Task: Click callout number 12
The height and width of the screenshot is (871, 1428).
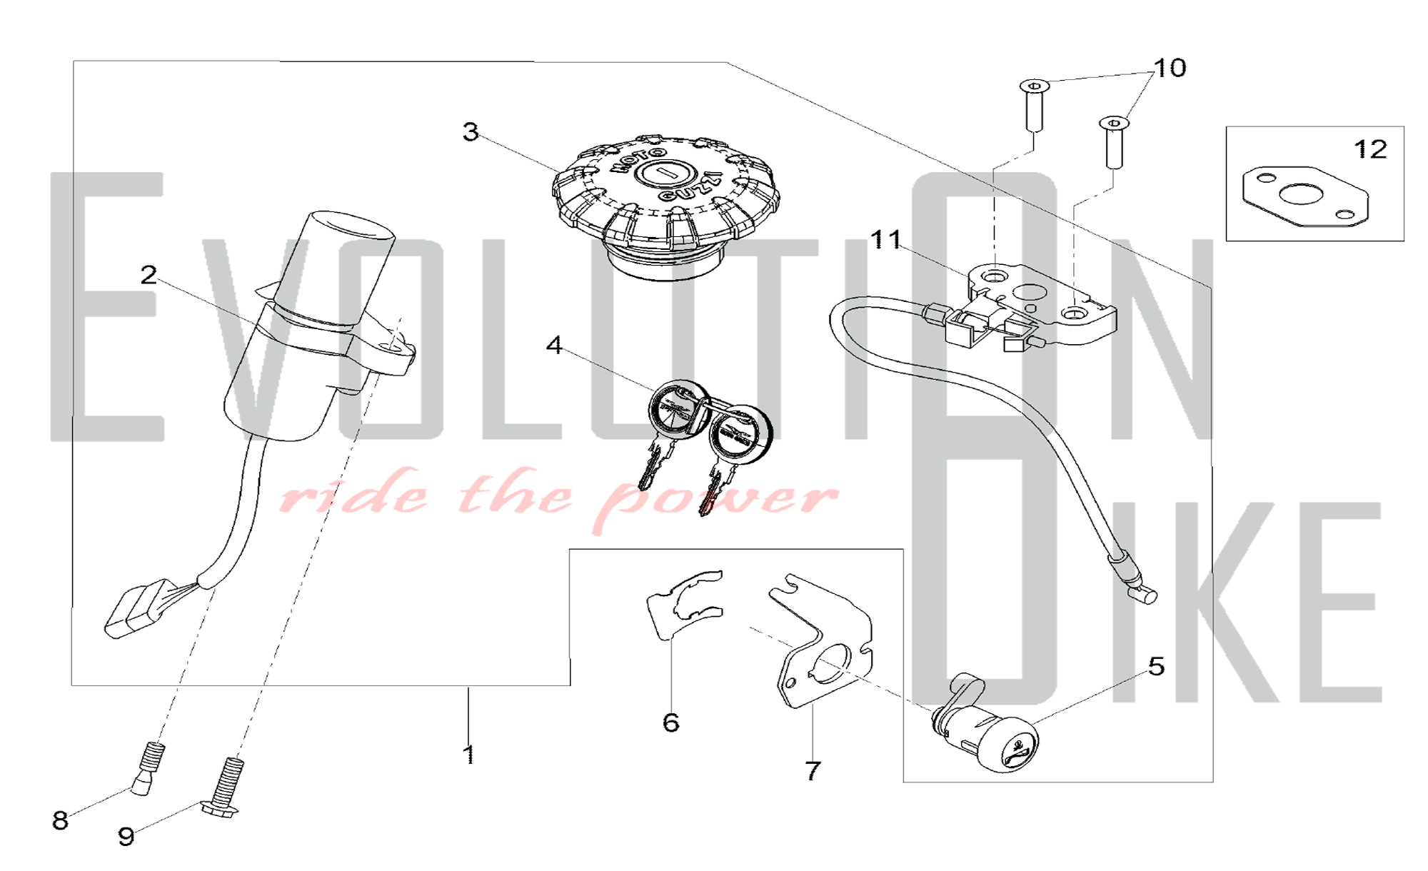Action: (1370, 149)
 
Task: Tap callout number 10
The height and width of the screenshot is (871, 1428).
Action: (1170, 68)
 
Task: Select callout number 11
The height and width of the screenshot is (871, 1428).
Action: (886, 239)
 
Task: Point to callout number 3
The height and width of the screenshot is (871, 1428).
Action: (471, 131)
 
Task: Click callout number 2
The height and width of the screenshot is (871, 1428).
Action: (149, 275)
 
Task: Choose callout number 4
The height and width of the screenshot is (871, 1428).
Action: (554, 346)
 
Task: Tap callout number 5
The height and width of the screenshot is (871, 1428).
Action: (1156, 666)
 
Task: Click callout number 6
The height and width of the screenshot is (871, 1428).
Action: (670, 723)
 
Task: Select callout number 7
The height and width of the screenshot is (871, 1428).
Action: (813, 771)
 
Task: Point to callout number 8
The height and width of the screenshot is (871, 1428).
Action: (61, 820)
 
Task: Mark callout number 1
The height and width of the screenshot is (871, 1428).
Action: (468, 755)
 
